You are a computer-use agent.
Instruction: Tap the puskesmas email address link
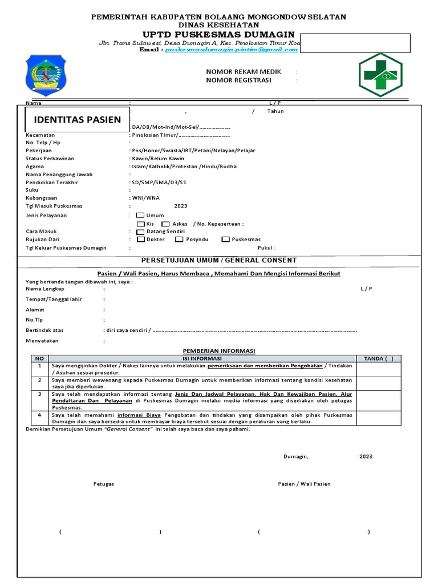click(232, 50)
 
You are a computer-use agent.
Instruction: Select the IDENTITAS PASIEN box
click(78, 120)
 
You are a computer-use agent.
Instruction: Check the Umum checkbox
click(140, 215)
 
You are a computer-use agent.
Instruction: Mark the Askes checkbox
click(165, 224)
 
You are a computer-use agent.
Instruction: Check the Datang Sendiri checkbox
click(141, 232)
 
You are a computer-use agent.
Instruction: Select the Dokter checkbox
click(140, 240)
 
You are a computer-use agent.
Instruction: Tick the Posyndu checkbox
click(180, 240)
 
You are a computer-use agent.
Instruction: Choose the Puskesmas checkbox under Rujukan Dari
click(226, 240)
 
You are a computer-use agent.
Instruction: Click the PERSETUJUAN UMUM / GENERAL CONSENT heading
click(219, 260)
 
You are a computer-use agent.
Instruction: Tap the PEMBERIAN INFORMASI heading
click(219, 351)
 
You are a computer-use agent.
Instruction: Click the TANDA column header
click(379, 358)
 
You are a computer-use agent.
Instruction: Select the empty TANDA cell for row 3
click(379, 400)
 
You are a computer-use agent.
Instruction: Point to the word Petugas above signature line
click(104, 484)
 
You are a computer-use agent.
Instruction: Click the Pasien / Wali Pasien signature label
click(304, 484)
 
